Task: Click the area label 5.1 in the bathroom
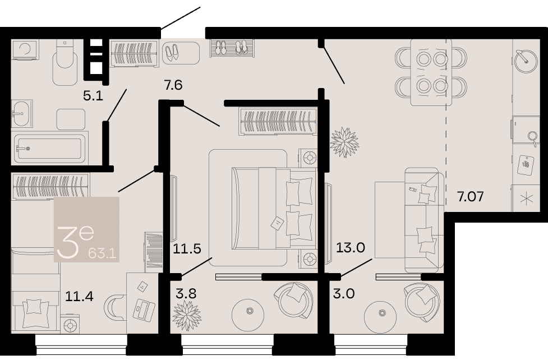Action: [x=93, y=95]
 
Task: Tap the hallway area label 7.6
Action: [x=173, y=85]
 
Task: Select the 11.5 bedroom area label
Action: [x=187, y=248]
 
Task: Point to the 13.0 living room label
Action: [x=350, y=247]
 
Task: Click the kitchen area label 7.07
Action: [x=471, y=196]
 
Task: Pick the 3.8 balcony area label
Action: [x=186, y=294]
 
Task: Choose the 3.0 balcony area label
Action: [x=343, y=293]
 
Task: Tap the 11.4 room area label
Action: [x=79, y=297]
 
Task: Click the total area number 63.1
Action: [x=102, y=252]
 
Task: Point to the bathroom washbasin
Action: [x=22, y=113]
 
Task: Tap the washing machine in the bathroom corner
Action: [x=25, y=49]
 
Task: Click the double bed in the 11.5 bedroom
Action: [x=274, y=208]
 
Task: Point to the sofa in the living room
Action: [x=424, y=220]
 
